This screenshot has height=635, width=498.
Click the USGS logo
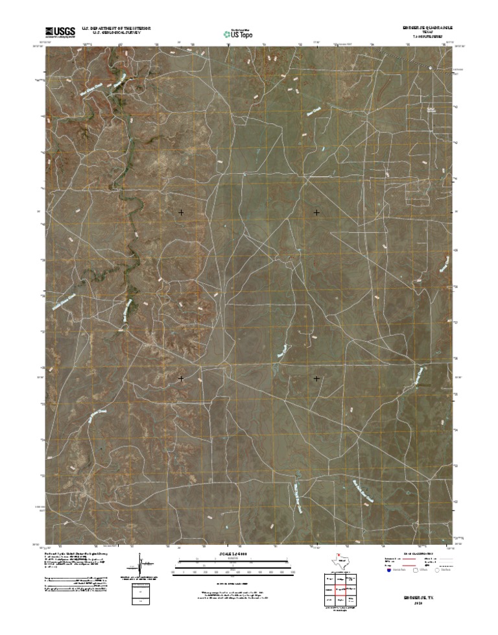coord(60,30)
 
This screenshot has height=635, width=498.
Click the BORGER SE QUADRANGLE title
coord(425,28)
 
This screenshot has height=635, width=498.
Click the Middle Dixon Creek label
coord(68,296)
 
